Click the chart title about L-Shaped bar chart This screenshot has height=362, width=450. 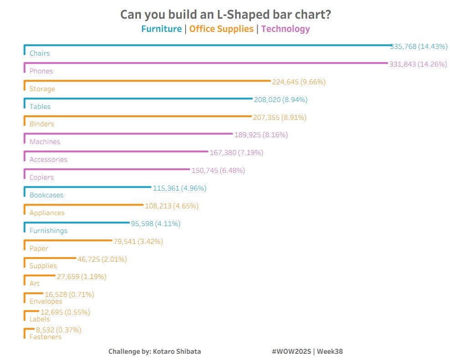pyautogui.click(x=225, y=15)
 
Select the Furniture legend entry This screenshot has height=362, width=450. pyautogui.click(x=161, y=29)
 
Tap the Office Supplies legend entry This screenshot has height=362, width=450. pyautogui.click(x=221, y=29)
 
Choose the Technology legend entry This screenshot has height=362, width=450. pyautogui.click(x=285, y=29)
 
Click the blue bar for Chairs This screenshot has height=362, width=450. pyautogui.click(x=205, y=46)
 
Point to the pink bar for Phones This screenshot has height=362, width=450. pyautogui.click(x=205, y=63)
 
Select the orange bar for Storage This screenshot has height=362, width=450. pyautogui.click(x=146, y=81)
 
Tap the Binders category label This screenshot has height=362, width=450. pyautogui.click(x=41, y=124)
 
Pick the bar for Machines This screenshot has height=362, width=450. pyautogui.click(x=128, y=134)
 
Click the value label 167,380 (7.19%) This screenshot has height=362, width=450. pyautogui.click(x=236, y=153)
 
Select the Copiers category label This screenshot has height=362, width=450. pyautogui.click(x=41, y=177)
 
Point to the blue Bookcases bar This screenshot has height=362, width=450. pyautogui.click(x=87, y=187)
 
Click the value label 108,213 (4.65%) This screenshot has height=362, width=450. pyautogui.click(x=171, y=206)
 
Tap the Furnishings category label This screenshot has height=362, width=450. pyautogui.click(x=48, y=231)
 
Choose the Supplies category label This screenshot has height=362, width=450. pyautogui.click(x=43, y=266)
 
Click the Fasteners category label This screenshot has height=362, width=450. pyautogui.click(x=45, y=337)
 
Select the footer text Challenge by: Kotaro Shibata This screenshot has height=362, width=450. pyautogui.click(x=155, y=352)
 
